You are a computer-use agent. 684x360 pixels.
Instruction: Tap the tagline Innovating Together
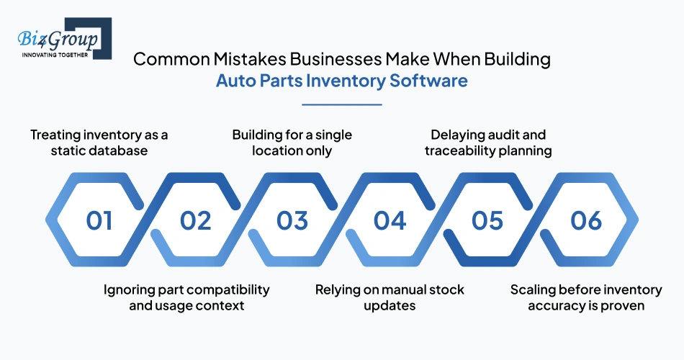tap(55, 54)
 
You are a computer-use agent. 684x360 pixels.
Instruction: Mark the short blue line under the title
tap(341, 105)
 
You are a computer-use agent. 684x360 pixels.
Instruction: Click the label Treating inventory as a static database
tap(99, 143)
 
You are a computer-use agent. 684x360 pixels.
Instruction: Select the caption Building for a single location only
tap(292, 143)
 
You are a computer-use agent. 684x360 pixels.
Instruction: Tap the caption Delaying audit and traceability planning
tap(488, 143)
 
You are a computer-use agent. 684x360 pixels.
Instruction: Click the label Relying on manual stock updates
tap(390, 297)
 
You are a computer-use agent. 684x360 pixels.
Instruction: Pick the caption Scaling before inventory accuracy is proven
tap(585, 297)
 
